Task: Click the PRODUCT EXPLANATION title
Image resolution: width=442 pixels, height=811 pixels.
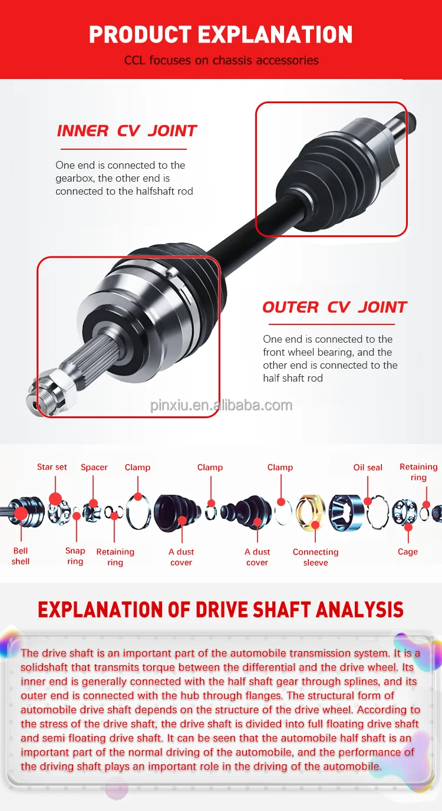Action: [221, 35]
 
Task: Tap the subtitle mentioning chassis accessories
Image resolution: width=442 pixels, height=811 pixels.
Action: [221, 61]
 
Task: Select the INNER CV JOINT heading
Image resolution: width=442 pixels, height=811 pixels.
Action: [127, 131]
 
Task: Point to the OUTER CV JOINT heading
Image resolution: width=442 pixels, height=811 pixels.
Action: [334, 307]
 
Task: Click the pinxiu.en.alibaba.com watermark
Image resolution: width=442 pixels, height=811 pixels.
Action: [221, 405]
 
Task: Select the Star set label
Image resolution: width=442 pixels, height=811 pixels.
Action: [52, 467]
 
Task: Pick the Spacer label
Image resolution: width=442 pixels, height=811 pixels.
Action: [94, 468]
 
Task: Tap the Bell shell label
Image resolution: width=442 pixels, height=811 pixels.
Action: [21, 556]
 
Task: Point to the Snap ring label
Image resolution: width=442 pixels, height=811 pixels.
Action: [75, 556]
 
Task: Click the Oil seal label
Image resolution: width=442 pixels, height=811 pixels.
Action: [368, 468]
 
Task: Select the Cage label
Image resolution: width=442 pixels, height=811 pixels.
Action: [407, 552]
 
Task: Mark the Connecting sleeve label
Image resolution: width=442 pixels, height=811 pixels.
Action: [315, 557]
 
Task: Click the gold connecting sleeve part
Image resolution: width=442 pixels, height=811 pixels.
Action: [311, 511]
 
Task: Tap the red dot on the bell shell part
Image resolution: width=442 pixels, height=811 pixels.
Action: [21, 513]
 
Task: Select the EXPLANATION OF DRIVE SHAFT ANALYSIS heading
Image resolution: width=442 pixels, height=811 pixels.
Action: [221, 610]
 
